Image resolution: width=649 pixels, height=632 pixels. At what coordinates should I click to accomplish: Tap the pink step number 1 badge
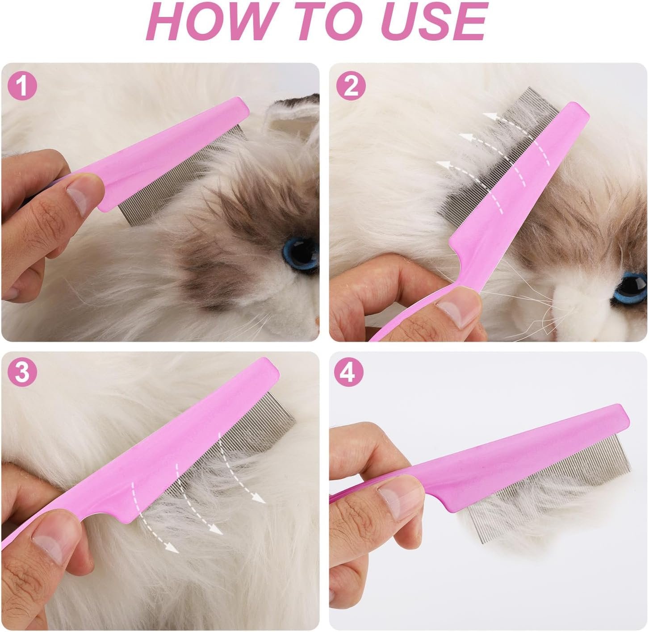click(22, 86)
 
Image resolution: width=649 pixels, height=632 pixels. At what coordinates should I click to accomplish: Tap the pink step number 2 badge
click(351, 86)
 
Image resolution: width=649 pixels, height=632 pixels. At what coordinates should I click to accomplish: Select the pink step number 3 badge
click(22, 373)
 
